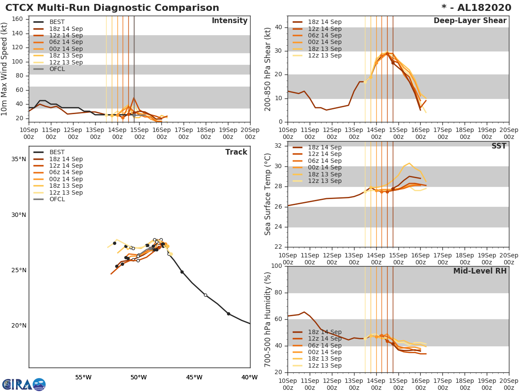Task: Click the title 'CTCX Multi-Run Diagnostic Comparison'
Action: tap(112, 8)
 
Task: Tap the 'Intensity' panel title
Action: tap(229, 21)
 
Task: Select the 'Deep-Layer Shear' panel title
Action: tap(470, 21)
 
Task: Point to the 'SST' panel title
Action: tap(499, 146)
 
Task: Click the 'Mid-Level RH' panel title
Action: tap(480, 271)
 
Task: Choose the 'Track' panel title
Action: tap(236, 152)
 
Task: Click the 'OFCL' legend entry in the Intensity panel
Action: tap(57, 69)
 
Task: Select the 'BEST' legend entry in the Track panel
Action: tap(57, 152)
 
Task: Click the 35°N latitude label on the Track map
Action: tap(19, 159)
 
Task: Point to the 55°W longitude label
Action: tap(83, 378)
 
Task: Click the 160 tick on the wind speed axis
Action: tap(17, 19)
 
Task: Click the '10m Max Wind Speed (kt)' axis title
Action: tap(5, 69)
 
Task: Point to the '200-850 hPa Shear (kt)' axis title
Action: tap(268, 69)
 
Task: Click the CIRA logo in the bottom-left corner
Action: tap(23, 384)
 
